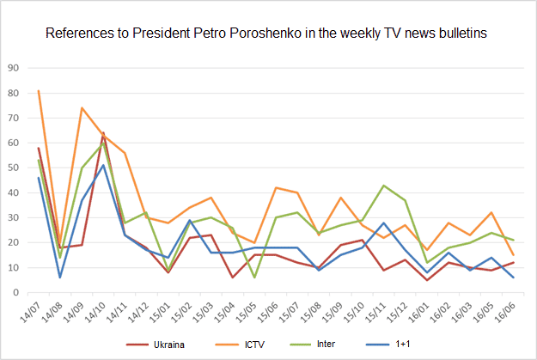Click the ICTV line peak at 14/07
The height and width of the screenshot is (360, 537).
click(x=39, y=90)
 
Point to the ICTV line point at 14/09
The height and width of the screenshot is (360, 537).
click(x=82, y=107)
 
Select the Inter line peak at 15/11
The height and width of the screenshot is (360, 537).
click(x=383, y=186)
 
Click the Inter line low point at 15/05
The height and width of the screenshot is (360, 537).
click(x=254, y=278)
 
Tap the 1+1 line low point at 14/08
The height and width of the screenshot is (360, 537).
click(x=60, y=278)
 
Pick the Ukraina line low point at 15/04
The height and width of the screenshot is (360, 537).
click(x=233, y=278)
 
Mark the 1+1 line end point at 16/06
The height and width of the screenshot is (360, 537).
click(x=514, y=278)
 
